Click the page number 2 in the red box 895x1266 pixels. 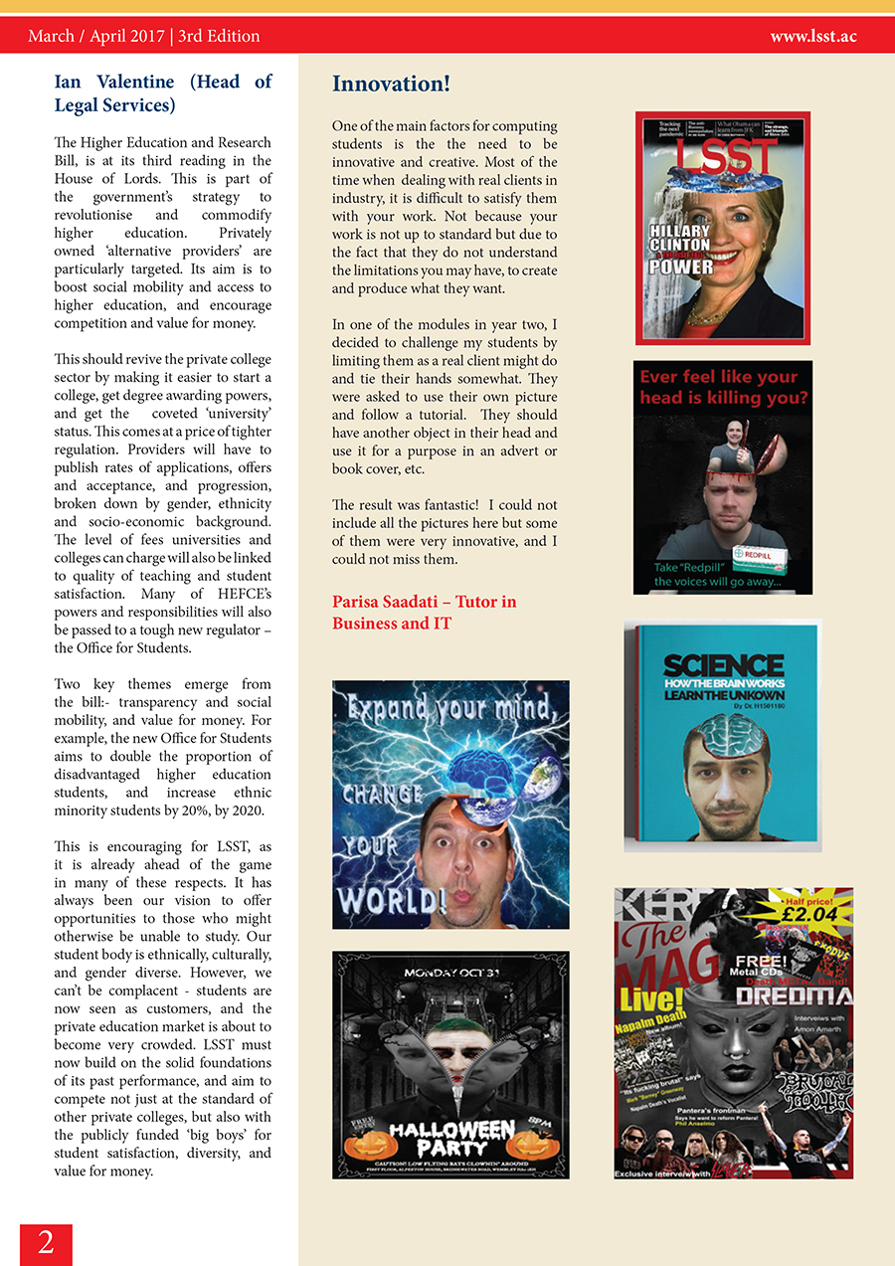[x=46, y=1243]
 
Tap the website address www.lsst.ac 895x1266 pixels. [x=812, y=37]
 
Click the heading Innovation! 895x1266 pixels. [x=391, y=84]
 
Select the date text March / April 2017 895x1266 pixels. [x=96, y=37]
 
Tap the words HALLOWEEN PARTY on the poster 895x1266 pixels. [x=450, y=1136]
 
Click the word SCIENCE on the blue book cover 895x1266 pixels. [x=723, y=665]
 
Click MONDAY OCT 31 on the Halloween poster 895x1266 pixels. [x=451, y=971]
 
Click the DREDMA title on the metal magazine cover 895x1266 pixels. [x=794, y=996]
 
